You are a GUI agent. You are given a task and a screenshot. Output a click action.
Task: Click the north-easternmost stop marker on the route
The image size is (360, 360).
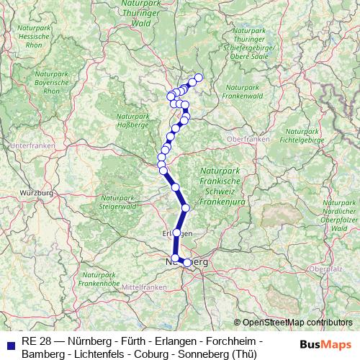[x=199, y=78]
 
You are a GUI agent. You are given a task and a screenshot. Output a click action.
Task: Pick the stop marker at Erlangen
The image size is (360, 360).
[x=176, y=233]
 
